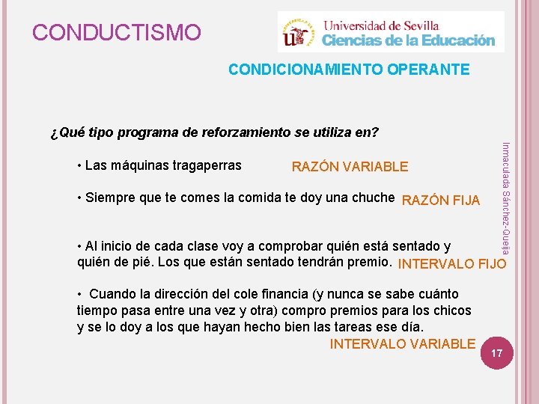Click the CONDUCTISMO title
[x=117, y=33]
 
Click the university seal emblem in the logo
[x=299, y=33]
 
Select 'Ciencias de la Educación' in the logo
[x=409, y=40]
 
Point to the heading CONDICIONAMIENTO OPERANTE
[x=349, y=70]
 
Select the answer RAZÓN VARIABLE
[x=350, y=167]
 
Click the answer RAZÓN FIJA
[x=441, y=200]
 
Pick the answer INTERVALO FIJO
[x=452, y=264]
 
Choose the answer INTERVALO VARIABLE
[x=402, y=343]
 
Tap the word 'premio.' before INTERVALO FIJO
[x=371, y=263]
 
